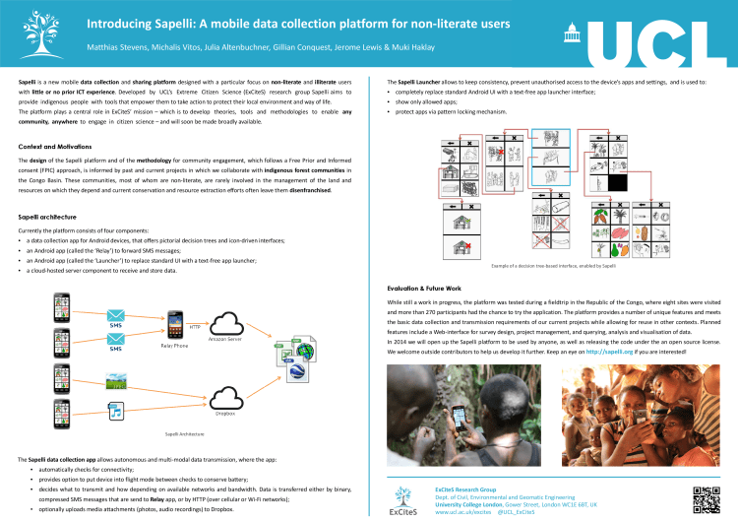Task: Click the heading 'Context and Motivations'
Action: [x=57, y=146]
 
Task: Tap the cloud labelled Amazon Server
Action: [x=227, y=323]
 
